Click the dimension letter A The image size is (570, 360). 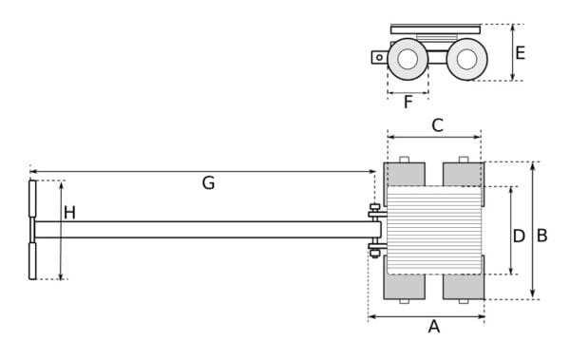coord(434,327)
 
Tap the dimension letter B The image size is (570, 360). coord(541,236)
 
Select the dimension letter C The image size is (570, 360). coord(437,125)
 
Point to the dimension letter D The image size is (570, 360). coord(519,236)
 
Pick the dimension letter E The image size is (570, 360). coord(521,53)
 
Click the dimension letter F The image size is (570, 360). coord(408,103)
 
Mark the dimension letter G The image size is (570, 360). coord(208,183)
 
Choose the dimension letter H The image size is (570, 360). coord(69,213)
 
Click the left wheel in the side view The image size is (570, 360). coord(408,59)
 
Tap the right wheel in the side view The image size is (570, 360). coord(466,59)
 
